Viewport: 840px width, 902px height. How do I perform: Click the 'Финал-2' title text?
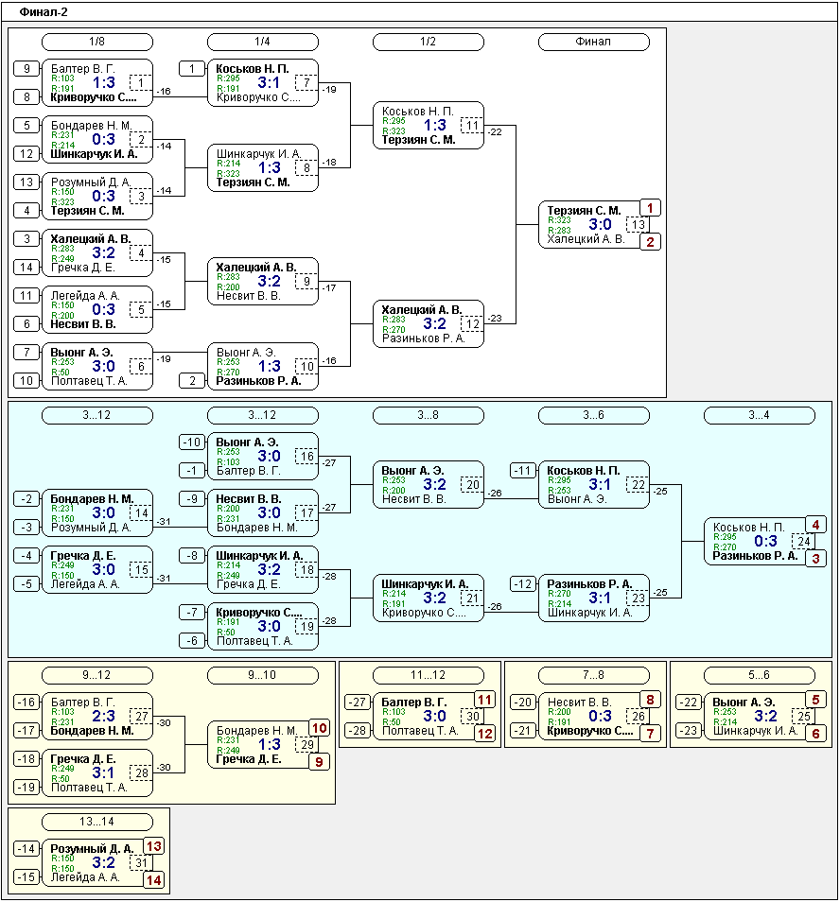(44, 12)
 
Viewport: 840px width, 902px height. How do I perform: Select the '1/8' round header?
(97, 42)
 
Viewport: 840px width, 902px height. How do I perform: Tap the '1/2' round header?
(429, 42)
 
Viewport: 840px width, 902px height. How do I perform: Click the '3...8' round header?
(429, 415)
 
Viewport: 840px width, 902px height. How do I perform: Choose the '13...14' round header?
(97, 822)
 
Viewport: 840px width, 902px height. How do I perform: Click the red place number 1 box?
(650, 208)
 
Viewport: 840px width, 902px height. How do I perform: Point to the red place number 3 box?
(815, 558)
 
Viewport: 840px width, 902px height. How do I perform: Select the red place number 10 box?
(320, 728)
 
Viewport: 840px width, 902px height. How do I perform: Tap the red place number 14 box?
(153, 879)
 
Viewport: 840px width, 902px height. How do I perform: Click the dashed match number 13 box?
(639, 224)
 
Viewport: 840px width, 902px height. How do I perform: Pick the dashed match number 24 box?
(804, 541)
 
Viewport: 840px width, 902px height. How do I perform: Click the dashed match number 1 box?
(141, 83)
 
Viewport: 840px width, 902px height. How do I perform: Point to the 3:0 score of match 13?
(600, 224)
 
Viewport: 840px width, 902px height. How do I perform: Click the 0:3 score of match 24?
(765, 541)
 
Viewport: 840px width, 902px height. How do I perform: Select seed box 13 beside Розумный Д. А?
(26, 182)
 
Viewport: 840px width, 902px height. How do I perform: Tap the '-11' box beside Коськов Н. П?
(523, 471)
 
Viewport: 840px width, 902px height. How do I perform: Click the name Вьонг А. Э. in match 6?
(81, 352)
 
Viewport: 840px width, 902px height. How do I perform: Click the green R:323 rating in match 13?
(559, 219)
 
